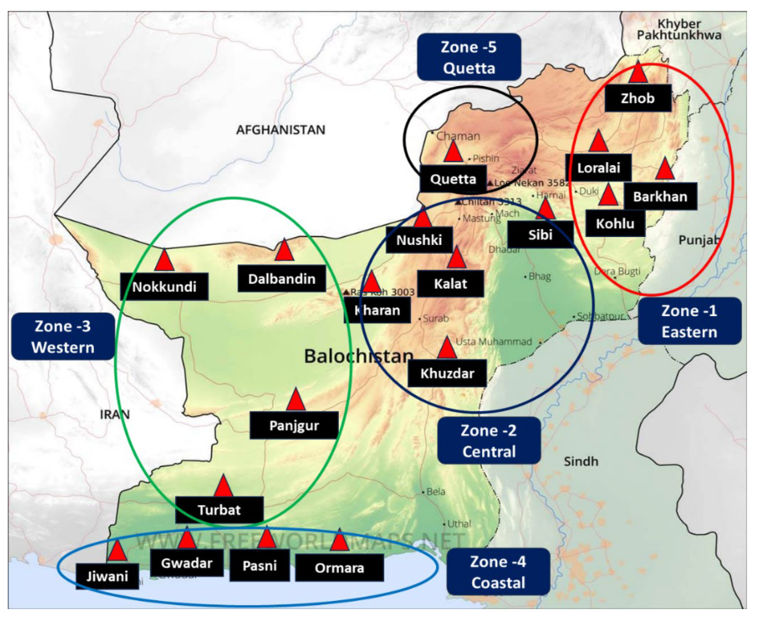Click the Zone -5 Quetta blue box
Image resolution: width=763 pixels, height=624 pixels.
(x=469, y=57)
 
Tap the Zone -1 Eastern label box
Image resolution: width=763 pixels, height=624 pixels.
(x=689, y=321)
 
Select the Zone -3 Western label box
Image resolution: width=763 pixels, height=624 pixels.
(x=63, y=336)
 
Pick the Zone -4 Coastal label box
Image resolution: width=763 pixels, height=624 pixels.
(x=498, y=572)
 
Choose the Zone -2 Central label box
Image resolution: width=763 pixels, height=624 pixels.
(x=489, y=440)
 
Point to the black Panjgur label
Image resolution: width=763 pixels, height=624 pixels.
(x=294, y=425)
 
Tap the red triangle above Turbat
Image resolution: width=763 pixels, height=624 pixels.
(x=223, y=487)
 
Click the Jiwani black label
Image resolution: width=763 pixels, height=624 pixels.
(x=107, y=576)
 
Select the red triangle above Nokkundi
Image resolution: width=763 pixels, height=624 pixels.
(x=164, y=261)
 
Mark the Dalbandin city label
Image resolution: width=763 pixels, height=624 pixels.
(x=281, y=279)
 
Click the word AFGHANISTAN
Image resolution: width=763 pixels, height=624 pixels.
(x=281, y=130)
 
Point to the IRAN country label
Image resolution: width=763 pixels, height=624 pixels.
(x=115, y=414)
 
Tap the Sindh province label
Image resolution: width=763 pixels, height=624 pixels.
(x=581, y=461)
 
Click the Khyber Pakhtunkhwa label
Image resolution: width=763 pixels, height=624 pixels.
(x=679, y=29)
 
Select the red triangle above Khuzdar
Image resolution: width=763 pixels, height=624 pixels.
(x=446, y=348)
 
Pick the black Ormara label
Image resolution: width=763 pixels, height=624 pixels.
(x=339, y=568)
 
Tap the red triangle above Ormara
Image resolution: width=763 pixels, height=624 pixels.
(x=339, y=540)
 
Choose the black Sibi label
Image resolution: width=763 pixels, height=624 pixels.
(x=540, y=234)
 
